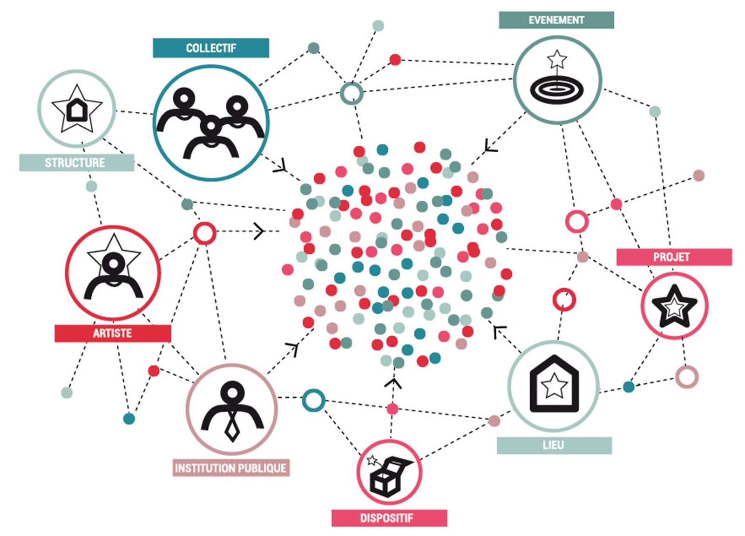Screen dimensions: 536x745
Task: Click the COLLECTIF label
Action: [x=210, y=48]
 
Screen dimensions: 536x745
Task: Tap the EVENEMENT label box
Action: [x=556, y=20]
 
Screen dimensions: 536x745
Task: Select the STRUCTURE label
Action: [x=76, y=163]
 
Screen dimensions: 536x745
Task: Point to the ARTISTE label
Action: [x=113, y=333]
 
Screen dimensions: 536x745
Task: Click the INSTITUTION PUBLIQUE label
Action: [x=231, y=468]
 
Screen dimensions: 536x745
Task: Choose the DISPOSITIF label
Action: [x=389, y=518]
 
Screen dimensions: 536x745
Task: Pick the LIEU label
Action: [x=554, y=445]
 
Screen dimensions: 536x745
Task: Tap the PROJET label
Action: [x=673, y=257]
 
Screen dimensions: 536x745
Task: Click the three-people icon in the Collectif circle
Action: [x=211, y=123]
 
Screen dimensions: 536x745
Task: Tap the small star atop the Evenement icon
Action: [x=557, y=60]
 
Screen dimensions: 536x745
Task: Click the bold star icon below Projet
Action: [x=674, y=306]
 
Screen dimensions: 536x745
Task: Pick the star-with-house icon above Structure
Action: [x=77, y=109]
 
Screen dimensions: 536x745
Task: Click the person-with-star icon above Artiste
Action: [x=113, y=270]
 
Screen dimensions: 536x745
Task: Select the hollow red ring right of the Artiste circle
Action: [x=204, y=233]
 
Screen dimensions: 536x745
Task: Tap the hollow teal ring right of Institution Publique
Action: [x=313, y=400]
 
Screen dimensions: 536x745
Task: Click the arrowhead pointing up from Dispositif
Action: [x=394, y=383]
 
